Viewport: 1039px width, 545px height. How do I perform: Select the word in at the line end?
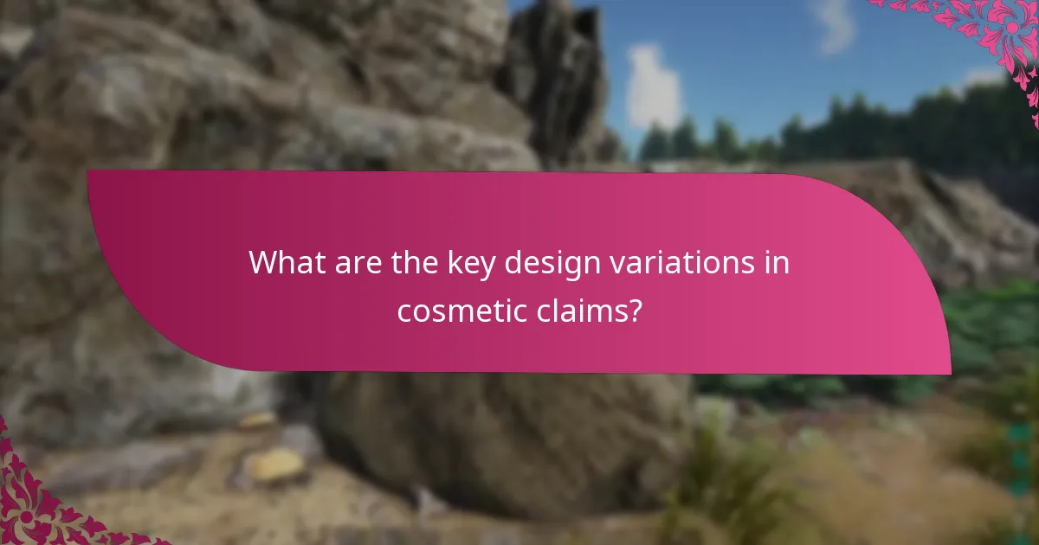(x=776, y=262)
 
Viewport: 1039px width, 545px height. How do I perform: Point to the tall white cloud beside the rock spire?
(x=653, y=87)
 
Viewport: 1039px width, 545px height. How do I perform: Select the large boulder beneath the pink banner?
(x=502, y=433)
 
